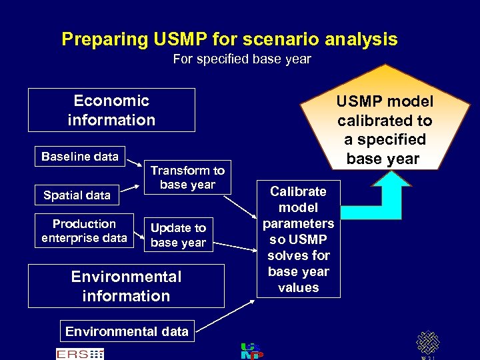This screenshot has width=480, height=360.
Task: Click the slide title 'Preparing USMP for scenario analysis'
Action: coord(229,39)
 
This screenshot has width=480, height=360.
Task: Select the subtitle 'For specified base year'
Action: coord(241,59)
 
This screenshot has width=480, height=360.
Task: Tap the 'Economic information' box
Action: coord(111,110)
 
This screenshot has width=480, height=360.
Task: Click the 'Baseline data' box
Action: coord(79,157)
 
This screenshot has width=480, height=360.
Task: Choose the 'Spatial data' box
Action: coord(77,195)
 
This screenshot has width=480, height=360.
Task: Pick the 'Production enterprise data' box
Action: coord(84,231)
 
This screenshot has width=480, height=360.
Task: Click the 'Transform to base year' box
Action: coord(187,177)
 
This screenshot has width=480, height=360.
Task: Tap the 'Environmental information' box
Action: coord(126,286)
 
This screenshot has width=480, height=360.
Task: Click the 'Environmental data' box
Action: coord(127,331)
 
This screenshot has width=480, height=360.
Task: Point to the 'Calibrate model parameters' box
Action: coord(298,239)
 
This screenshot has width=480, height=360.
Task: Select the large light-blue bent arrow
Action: coord(393,200)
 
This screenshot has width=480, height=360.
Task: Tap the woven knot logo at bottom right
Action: coord(427,343)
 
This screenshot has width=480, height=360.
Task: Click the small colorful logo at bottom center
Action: coord(251,351)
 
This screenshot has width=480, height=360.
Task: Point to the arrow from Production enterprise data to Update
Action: coord(137,233)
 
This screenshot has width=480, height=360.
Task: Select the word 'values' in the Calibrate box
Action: coord(298,288)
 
